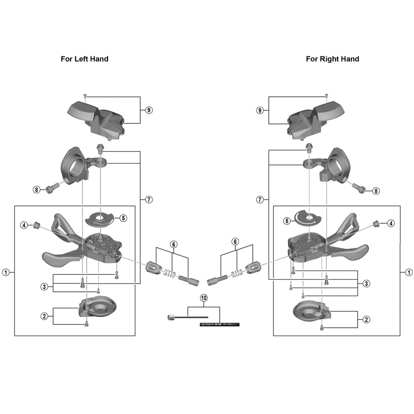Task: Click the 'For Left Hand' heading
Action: (x=84, y=59)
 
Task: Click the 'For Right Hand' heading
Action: (x=332, y=59)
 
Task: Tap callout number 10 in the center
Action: (x=204, y=298)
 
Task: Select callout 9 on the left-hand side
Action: (x=148, y=110)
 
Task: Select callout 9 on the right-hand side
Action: (x=260, y=110)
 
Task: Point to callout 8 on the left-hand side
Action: (x=37, y=189)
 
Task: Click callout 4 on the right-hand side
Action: (x=391, y=223)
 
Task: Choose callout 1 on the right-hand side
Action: (x=408, y=272)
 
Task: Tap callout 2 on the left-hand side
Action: (x=44, y=316)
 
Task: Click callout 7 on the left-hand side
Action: (x=148, y=199)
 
